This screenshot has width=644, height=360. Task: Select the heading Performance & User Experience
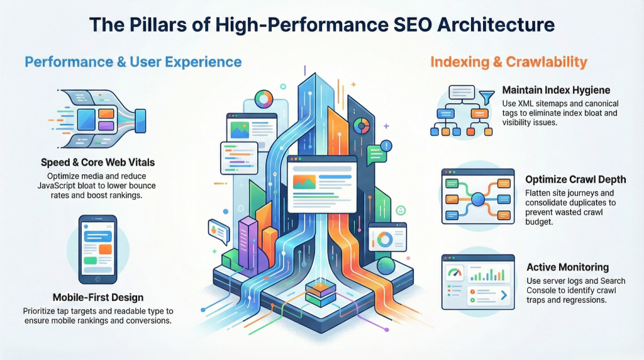(x=133, y=62)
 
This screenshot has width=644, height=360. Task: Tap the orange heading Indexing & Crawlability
(x=508, y=62)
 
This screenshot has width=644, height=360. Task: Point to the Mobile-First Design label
(x=97, y=297)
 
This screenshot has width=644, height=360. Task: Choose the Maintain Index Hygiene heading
(x=556, y=90)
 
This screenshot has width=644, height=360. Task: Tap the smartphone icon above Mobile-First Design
(x=97, y=248)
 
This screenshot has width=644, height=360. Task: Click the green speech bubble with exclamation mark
(x=379, y=152)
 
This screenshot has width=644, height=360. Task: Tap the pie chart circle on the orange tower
(x=360, y=126)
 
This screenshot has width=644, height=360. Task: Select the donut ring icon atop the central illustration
(x=263, y=99)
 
